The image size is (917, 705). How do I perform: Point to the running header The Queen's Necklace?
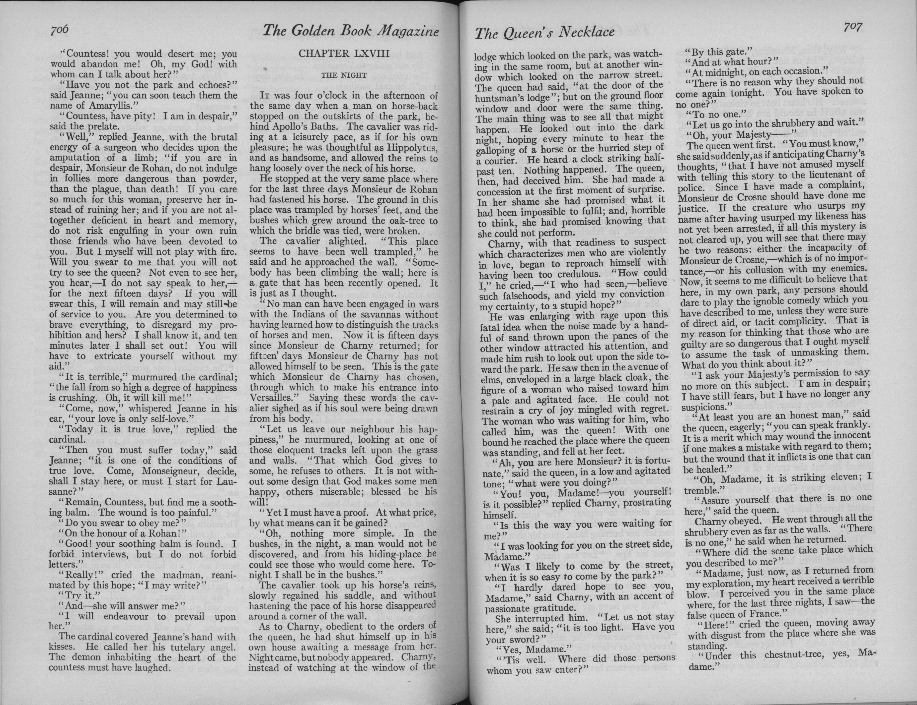pos(544,33)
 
